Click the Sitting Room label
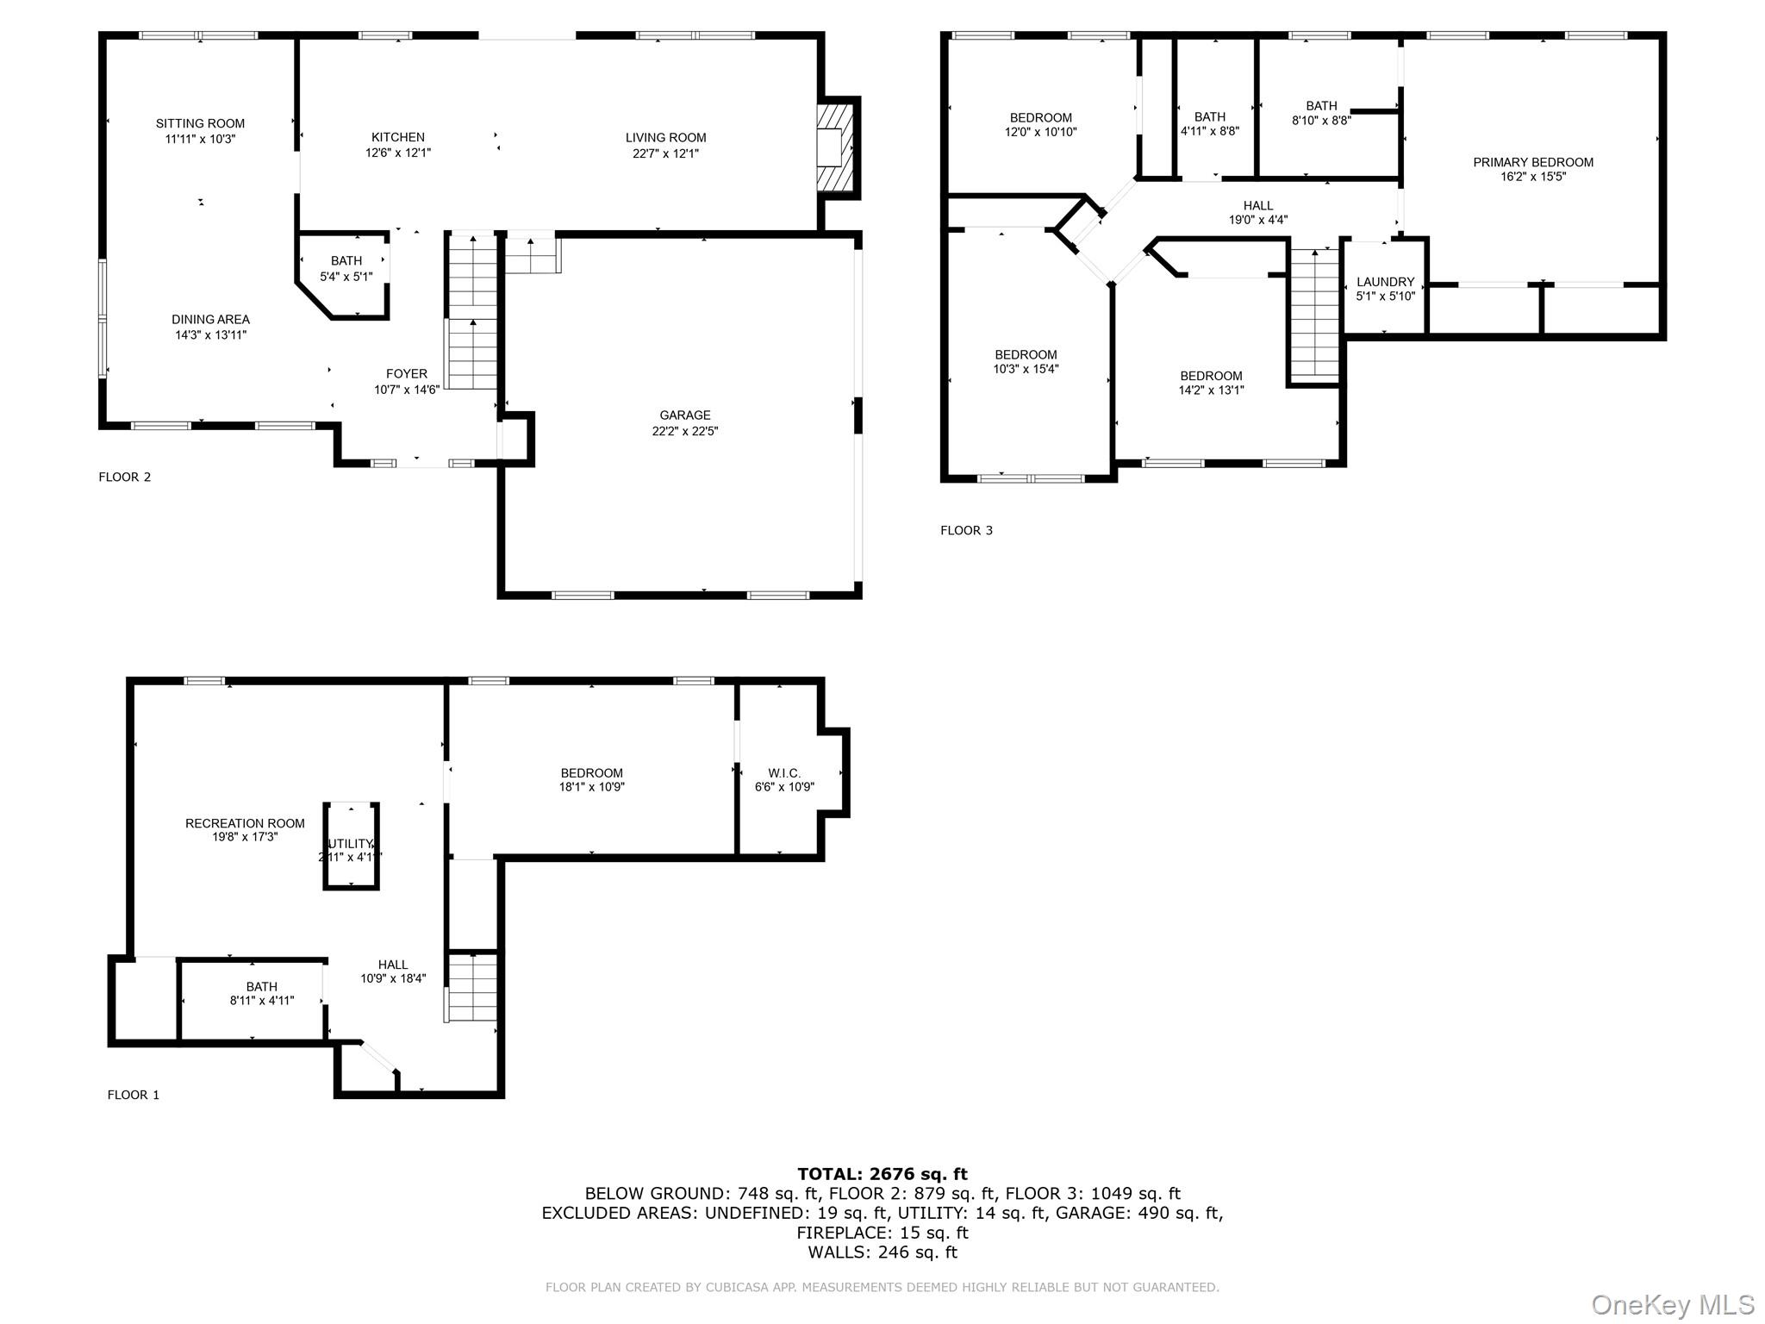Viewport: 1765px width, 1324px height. (200, 123)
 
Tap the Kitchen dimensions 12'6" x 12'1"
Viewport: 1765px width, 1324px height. (397, 153)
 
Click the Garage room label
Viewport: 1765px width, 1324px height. (685, 415)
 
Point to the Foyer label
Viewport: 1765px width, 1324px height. (406, 374)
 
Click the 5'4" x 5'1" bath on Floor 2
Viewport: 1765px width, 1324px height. (346, 268)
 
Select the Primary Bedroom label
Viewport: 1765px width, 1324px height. (1532, 162)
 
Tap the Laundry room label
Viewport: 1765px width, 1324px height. (1385, 282)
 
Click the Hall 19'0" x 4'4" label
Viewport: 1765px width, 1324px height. (1258, 213)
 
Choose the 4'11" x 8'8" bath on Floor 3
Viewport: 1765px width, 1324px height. (1210, 124)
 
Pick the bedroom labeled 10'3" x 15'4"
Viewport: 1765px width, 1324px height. (1026, 361)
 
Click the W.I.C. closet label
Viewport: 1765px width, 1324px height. (784, 773)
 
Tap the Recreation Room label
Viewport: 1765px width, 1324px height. (245, 824)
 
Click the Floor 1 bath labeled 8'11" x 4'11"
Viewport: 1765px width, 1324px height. (262, 994)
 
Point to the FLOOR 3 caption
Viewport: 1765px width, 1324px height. (966, 530)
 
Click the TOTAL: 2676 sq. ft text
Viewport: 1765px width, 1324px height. (882, 1174)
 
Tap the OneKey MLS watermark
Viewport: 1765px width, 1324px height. (1672, 1304)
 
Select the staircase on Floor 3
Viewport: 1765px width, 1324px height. (1314, 314)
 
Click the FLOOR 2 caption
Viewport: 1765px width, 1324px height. (125, 477)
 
